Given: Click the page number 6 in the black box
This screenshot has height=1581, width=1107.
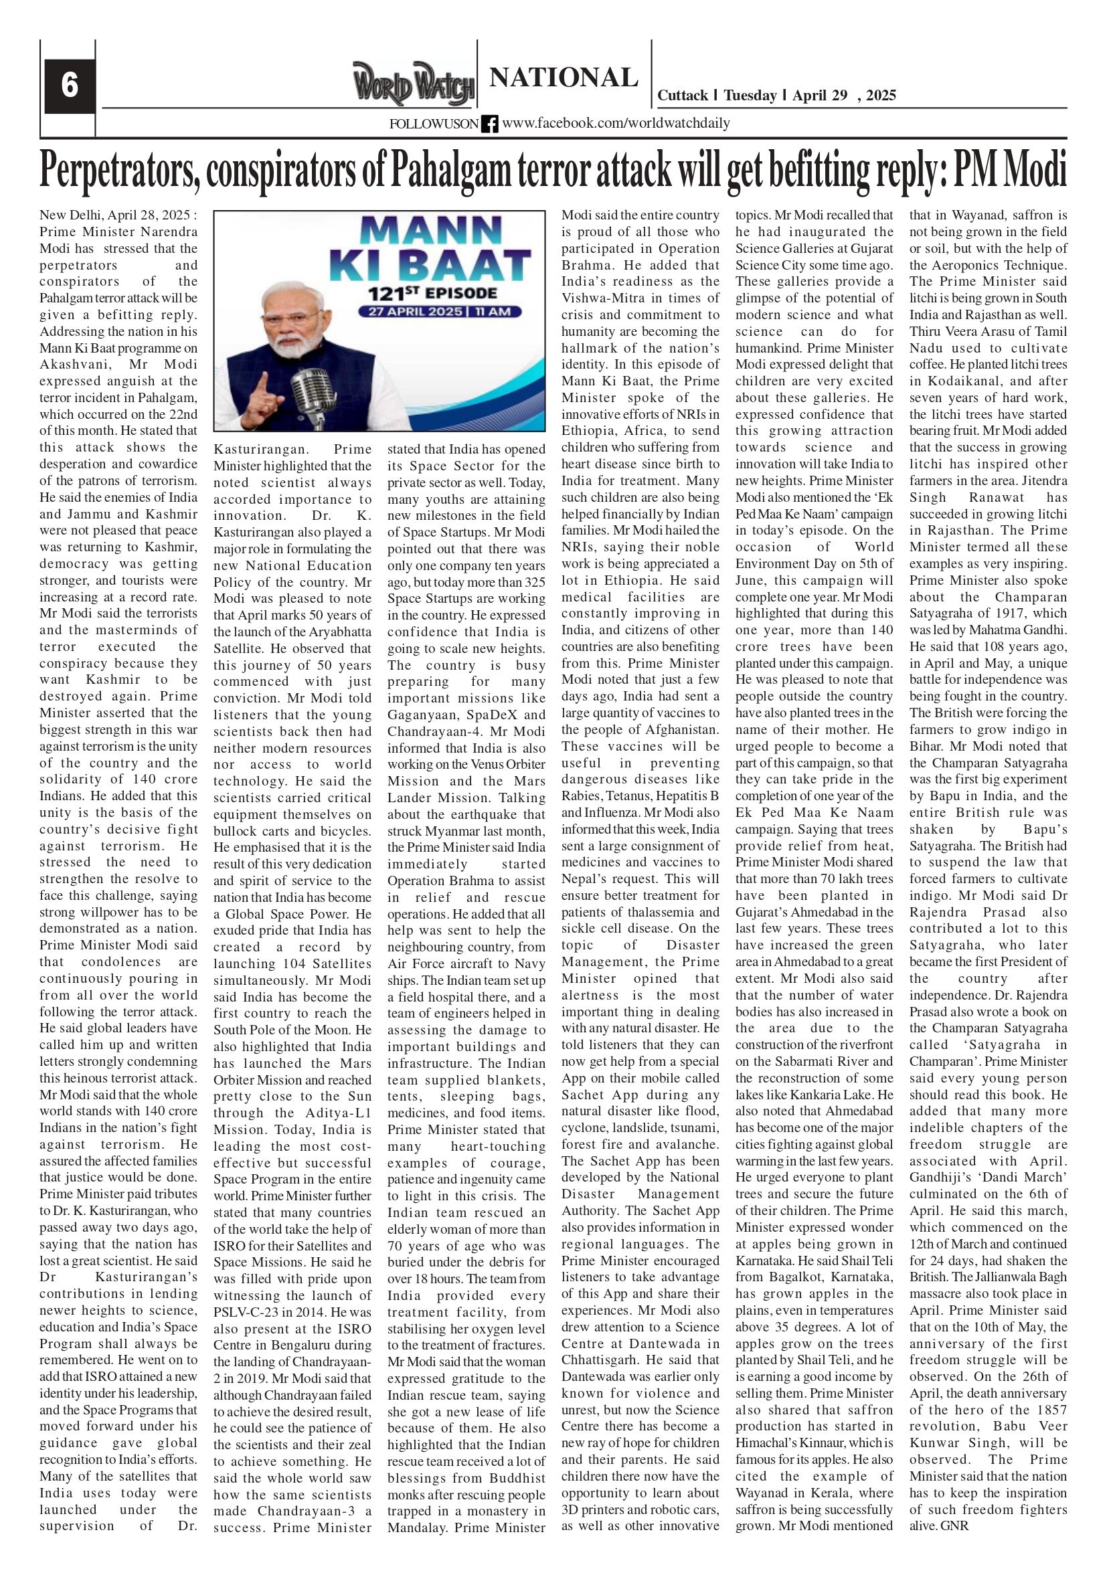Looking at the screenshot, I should pos(69,86).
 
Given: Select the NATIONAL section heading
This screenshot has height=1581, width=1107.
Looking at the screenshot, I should pos(564,78).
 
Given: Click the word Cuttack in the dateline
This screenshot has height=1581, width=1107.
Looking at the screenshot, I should pos(682,96).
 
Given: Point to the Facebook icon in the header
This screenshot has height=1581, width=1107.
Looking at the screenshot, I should pos(490,124).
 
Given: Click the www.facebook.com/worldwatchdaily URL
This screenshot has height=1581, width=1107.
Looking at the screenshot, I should pos(615,123).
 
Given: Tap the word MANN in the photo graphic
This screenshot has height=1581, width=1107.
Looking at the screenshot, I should pos(430,232).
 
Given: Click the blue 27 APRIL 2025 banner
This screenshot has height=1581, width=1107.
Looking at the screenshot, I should pos(439,312).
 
